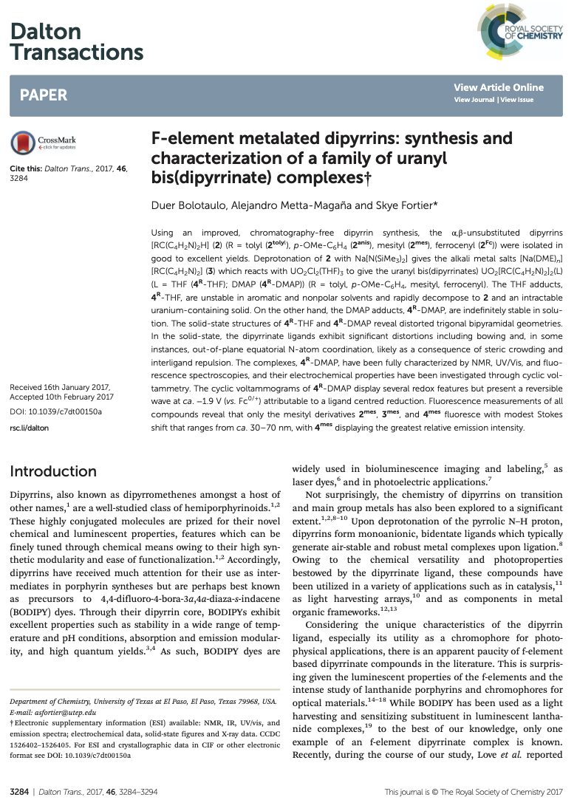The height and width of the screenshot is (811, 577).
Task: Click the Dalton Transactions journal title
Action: click(76, 42)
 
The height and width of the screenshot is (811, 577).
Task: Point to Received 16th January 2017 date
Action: click(60, 387)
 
